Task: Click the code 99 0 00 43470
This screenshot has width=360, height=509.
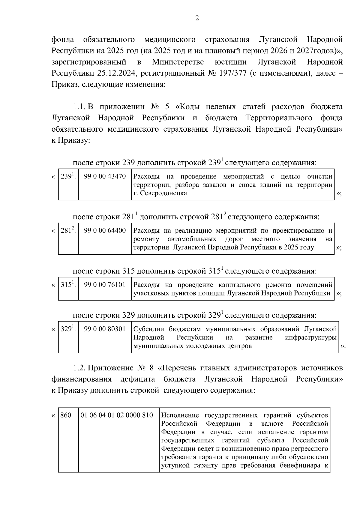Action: tap(105, 176)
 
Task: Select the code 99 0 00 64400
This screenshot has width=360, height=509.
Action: tap(105, 231)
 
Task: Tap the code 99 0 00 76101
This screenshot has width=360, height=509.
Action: tap(105, 285)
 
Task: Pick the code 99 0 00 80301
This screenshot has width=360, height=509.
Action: tap(105, 329)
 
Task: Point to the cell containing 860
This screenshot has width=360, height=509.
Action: tap(66, 415)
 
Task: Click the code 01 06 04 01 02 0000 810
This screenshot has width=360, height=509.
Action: tap(117, 415)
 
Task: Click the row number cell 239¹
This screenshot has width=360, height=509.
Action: tap(68, 176)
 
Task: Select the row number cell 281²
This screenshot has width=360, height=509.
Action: tap(68, 231)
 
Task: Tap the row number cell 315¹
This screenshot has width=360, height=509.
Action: tap(68, 285)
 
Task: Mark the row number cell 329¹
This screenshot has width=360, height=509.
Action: tap(68, 329)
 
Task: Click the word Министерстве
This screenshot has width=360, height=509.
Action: tap(178, 62)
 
